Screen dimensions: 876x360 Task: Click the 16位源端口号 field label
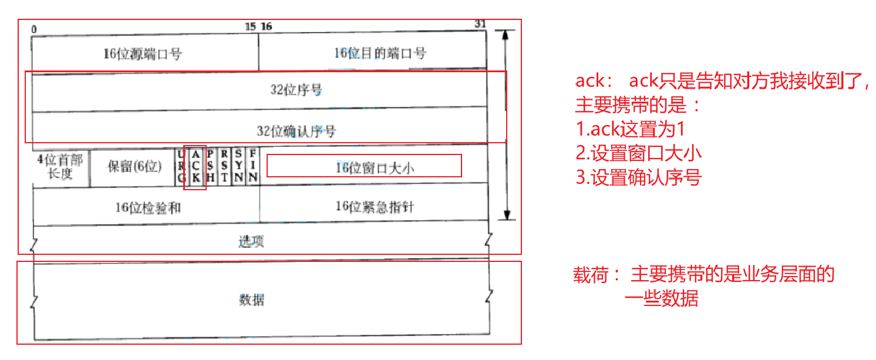point(143,54)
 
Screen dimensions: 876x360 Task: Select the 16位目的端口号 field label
point(380,53)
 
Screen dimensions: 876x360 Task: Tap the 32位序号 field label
point(296,90)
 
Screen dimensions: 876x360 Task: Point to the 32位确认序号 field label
point(296,130)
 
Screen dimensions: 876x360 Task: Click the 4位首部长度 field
point(60,167)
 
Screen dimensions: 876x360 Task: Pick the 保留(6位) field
point(134,166)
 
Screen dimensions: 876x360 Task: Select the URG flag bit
point(181,166)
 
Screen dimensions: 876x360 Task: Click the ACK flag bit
point(196,166)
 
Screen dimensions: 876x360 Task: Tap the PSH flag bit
point(210,166)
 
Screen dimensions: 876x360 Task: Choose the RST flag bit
point(224,166)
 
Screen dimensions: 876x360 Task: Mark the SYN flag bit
point(238,166)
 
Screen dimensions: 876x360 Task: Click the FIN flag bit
point(252,166)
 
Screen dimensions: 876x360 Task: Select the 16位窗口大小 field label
point(375,167)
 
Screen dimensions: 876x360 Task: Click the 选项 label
point(251,241)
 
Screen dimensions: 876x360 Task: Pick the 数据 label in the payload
point(251,300)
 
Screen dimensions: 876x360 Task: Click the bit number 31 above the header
point(480,24)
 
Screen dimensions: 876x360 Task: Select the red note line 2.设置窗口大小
point(639,153)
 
